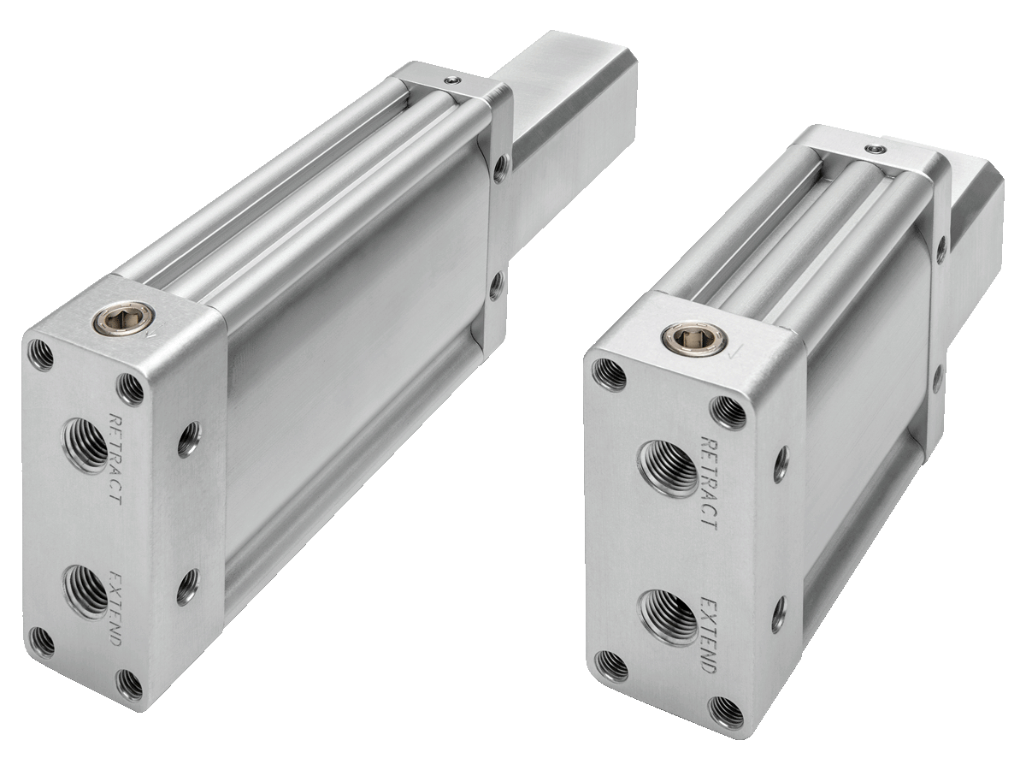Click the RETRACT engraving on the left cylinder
point(115,459)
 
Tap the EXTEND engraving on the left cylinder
point(115,607)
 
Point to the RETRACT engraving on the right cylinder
point(709,482)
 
